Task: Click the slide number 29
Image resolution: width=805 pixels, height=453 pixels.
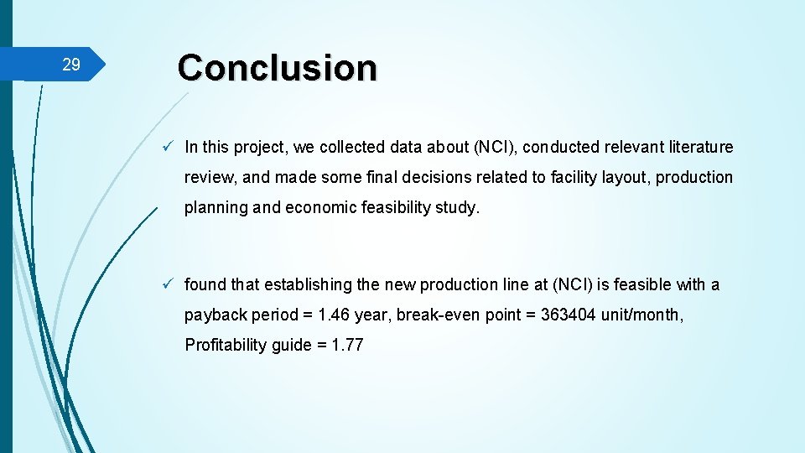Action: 71,65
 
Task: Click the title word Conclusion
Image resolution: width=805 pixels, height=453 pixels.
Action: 278,67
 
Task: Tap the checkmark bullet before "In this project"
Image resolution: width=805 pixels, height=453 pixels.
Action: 169,147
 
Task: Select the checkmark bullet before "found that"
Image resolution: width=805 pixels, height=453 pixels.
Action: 169,284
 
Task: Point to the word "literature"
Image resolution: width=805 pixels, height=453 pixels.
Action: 701,148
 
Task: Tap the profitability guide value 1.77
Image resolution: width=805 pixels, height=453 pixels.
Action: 347,346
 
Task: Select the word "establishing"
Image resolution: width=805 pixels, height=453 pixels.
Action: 308,285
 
